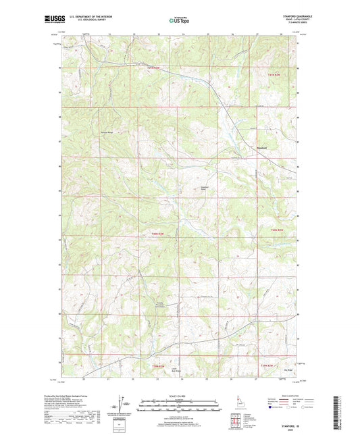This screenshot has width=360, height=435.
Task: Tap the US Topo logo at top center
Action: (178, 20)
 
